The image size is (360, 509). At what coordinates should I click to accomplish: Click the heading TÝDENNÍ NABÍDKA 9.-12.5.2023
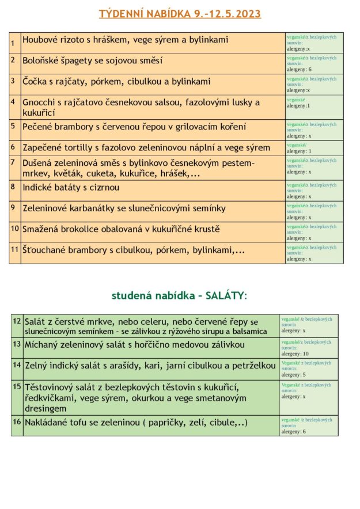click(x=180, y=13)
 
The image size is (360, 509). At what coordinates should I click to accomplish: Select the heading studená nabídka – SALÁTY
click(x=179, y=295)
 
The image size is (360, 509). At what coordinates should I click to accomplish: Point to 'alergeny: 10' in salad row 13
click(x=295, y=354)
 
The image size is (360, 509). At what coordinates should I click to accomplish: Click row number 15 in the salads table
click(x=17, y=386)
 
